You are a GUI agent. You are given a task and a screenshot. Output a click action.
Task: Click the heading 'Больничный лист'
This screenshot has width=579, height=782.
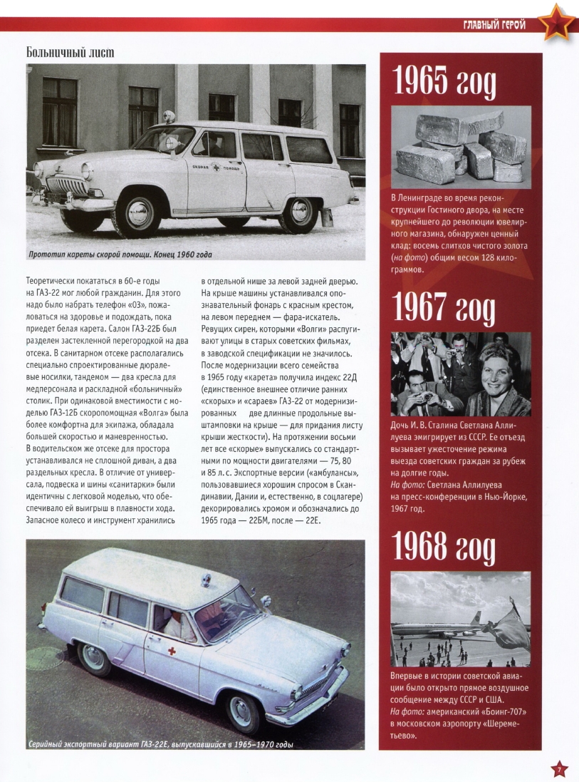(x=70, y=53)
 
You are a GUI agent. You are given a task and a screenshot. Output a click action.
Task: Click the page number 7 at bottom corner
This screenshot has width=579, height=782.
(x=559, y=768)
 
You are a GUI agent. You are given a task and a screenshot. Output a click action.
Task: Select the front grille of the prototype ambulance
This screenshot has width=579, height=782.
(x=66, y=187)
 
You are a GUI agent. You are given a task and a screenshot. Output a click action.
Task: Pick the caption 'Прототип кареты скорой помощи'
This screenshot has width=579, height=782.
(x=120, y=254)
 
